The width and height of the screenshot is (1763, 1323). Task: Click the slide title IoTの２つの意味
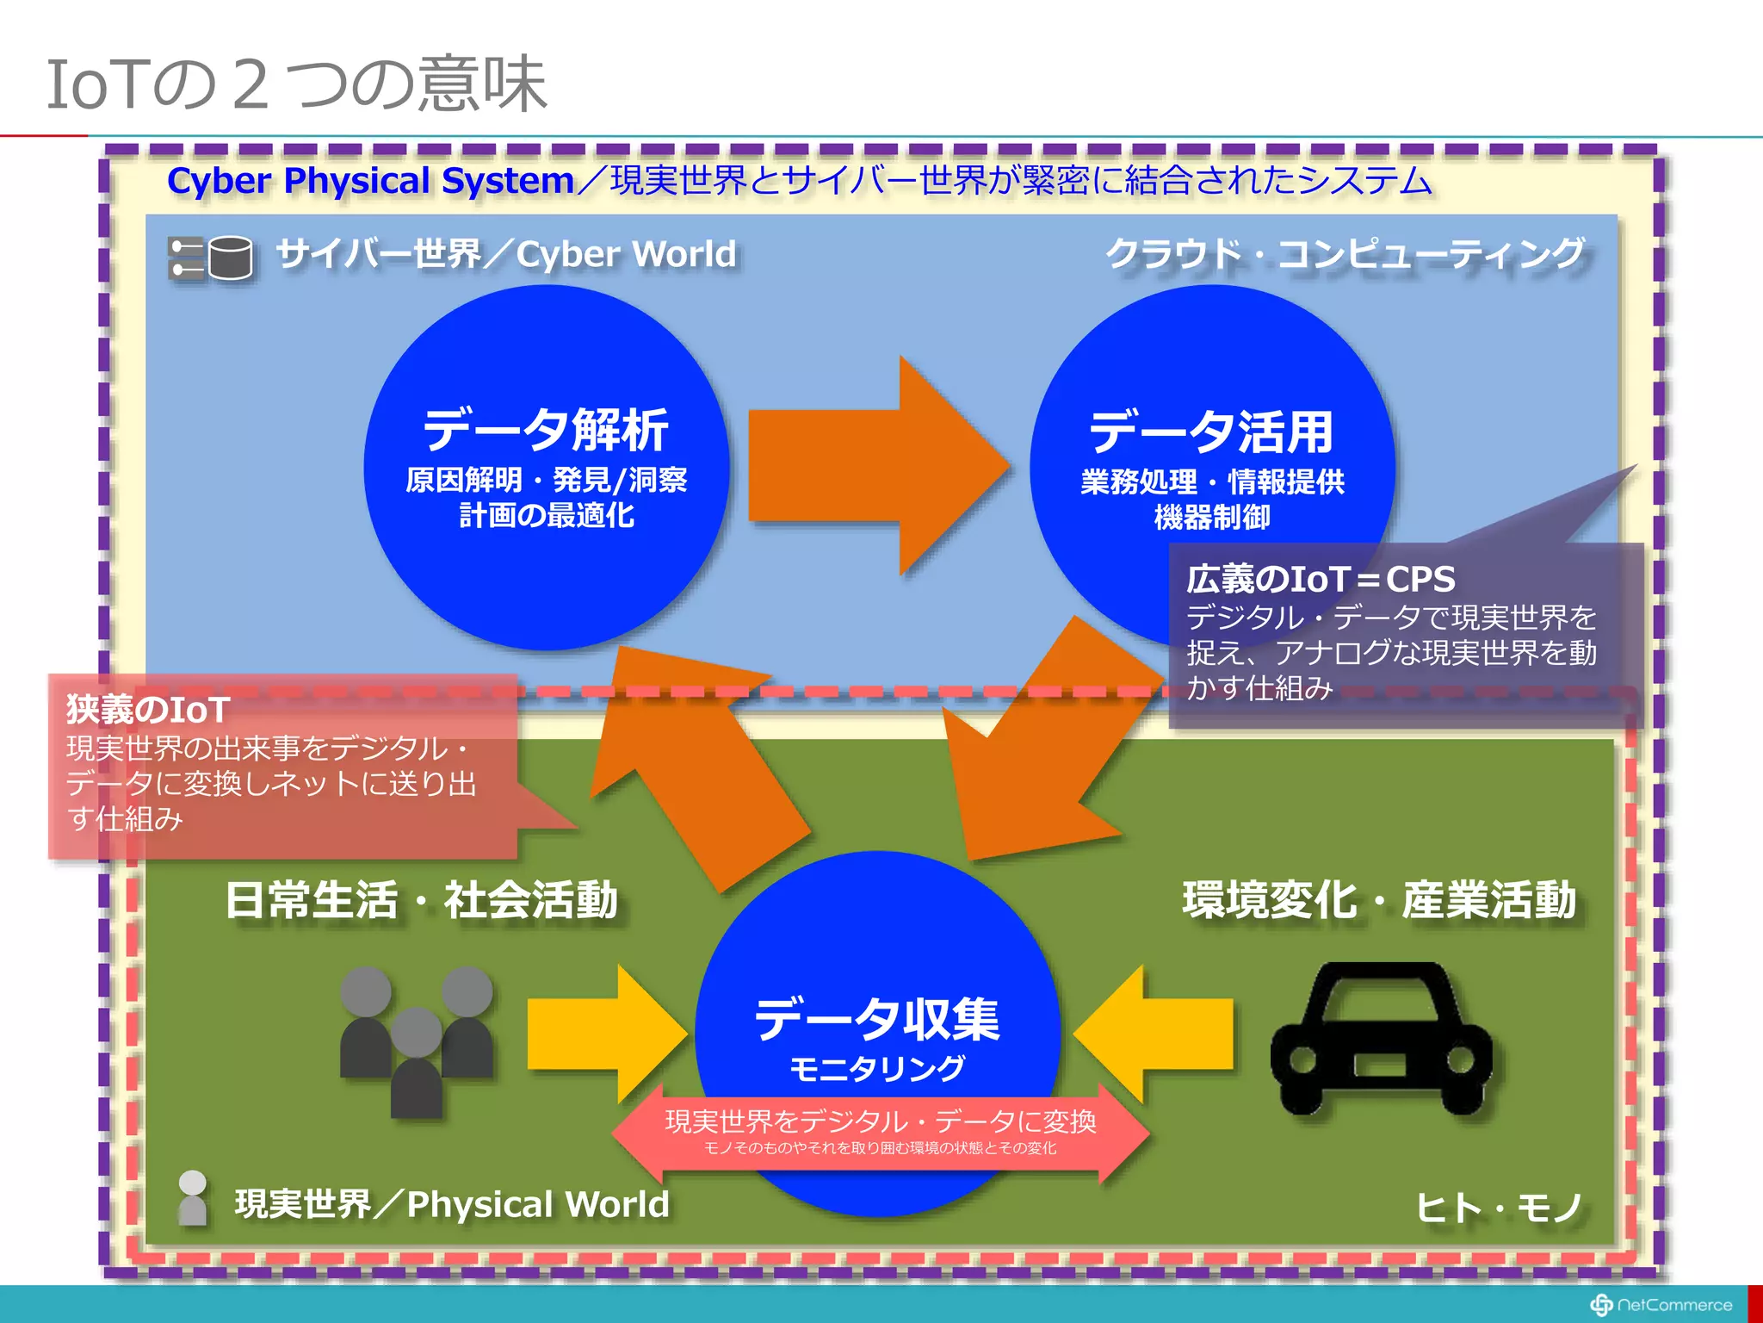296,84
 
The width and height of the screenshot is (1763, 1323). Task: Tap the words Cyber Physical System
370,181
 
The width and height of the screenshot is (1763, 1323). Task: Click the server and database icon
211,258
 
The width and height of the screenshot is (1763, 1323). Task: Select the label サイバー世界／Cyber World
506,254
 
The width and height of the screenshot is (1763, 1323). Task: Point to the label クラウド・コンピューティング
1344,254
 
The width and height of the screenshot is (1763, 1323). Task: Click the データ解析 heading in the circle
546,430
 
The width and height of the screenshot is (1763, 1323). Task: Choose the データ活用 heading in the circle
1211,432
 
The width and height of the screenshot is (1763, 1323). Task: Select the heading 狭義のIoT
148,710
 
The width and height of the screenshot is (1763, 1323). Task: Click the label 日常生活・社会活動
421,900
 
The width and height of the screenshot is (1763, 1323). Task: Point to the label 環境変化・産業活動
1379,900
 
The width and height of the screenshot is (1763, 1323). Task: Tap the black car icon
1381,1039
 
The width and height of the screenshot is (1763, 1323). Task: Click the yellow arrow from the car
1154,1034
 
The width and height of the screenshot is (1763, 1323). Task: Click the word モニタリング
877,1069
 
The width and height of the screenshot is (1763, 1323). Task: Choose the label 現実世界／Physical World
452,1204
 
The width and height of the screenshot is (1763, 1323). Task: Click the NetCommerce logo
1661,1305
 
